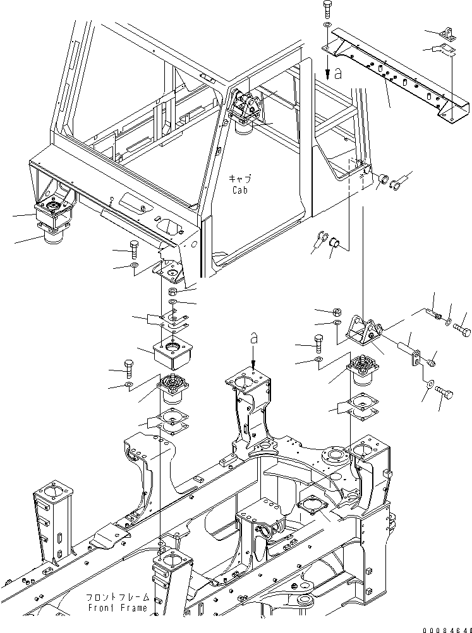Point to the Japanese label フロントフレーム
pyautogui.click(x=119, y=596)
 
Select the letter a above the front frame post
pyautogui.click(x=253, y=340)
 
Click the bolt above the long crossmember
pyautogui.click(x=326, y=9)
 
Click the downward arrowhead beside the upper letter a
pyautogui.click(x=327, y=73)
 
